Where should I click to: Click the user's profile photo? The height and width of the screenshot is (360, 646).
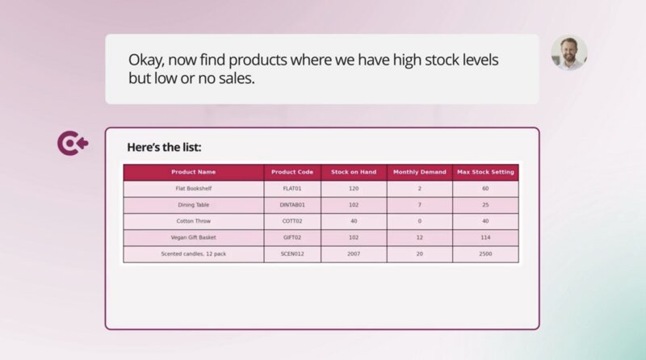pos(569,52)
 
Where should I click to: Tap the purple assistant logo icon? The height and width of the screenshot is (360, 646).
pos(73,144)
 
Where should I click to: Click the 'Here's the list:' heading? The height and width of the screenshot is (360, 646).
pos(164,147)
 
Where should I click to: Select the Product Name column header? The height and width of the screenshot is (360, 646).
pos(193,172)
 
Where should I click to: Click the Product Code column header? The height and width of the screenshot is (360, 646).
pos(292,172)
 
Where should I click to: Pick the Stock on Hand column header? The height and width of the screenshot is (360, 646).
pos(354,172)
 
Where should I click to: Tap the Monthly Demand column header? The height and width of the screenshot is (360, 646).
pos(419,172)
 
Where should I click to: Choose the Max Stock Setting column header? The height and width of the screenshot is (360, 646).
pos(485,172)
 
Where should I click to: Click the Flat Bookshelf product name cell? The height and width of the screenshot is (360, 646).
pos(194,188)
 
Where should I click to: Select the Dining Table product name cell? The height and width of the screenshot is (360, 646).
pos(194,205)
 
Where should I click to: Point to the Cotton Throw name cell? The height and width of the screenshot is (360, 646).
pos(194,221)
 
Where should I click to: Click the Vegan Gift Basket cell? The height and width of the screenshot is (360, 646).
pos(194,237)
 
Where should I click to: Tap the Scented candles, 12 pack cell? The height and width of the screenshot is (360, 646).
pos(194,253)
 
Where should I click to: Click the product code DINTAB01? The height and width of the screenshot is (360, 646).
pos(292,205)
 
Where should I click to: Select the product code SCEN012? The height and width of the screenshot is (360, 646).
pos(292,253)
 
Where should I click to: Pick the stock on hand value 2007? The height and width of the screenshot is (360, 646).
pos(354,253)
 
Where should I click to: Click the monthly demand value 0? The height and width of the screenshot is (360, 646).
pos(419,221)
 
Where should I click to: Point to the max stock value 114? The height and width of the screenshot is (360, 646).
pos(485,237)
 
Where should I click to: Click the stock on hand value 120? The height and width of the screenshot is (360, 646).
pos(354,188)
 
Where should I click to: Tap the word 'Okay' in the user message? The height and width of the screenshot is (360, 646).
pos(146,61)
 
